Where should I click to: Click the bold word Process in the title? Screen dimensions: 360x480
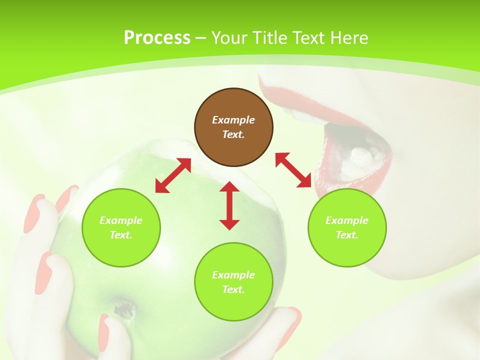pos(157,37)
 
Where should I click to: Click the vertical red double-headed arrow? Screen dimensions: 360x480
pos(229,205)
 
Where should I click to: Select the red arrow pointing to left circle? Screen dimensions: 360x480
pos(173,175)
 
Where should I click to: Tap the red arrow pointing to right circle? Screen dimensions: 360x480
pos(293,170)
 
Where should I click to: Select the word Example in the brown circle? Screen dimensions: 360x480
pos(233,120)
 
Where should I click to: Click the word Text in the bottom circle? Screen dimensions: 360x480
pos(232,289)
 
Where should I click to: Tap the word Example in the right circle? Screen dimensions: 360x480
pos(347,220)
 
